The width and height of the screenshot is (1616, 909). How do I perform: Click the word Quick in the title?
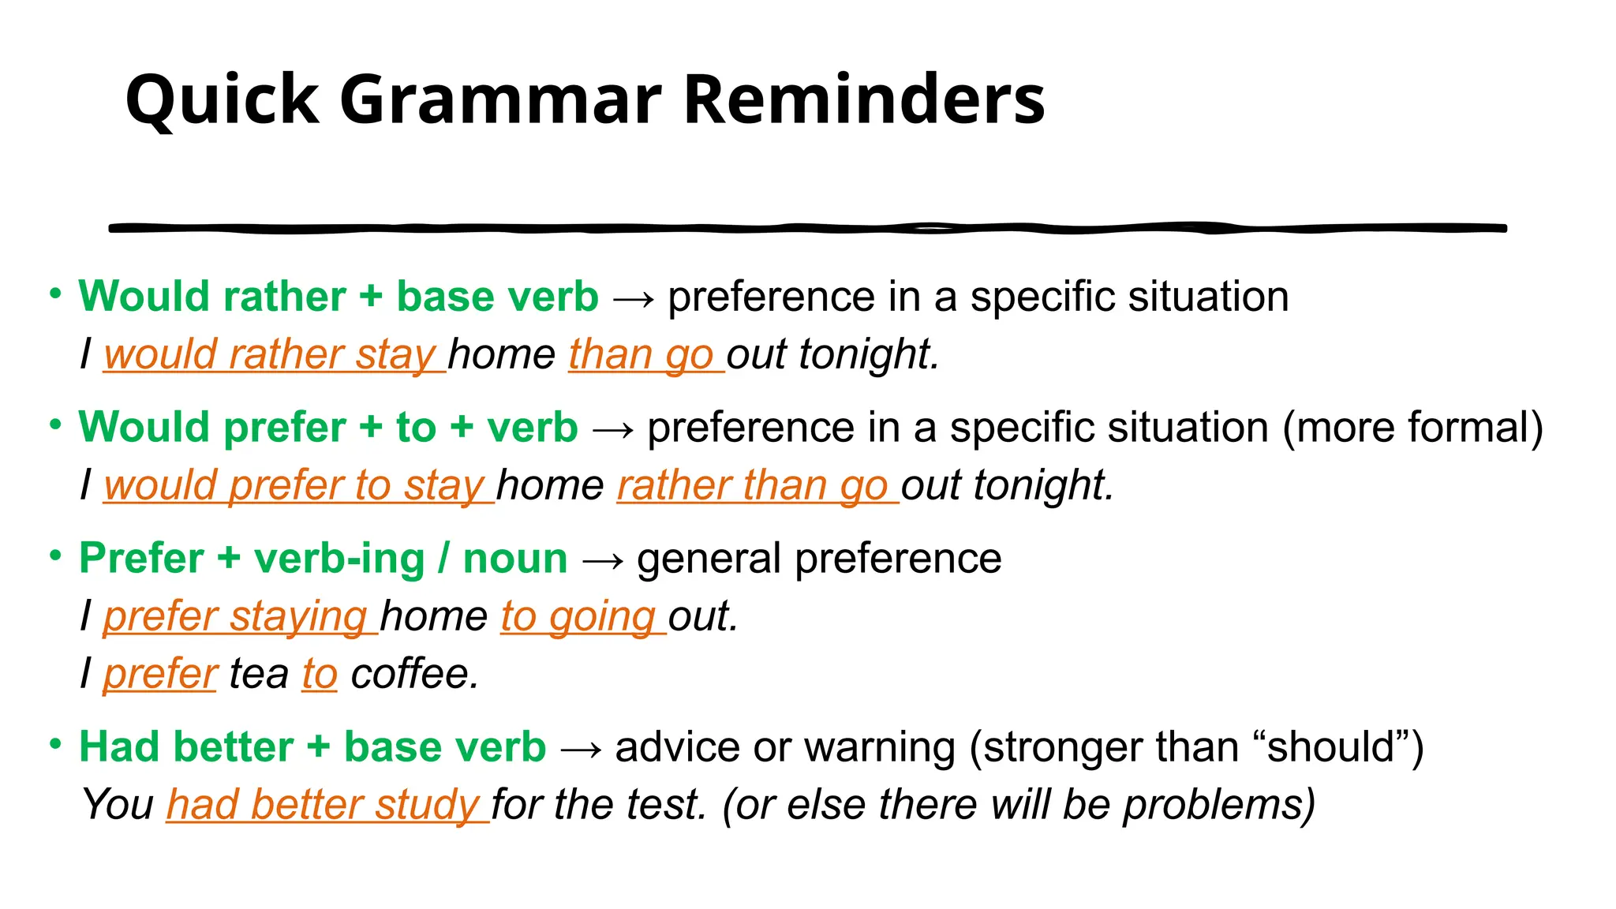(x=222, y=100)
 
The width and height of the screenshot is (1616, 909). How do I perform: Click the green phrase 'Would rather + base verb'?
(x=339, y=297)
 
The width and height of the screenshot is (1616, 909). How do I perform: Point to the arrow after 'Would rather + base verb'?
(x=633, y=299)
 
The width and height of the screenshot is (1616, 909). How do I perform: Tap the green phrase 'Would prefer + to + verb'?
(x=328, y=428)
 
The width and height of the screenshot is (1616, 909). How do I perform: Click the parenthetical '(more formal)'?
(x=1412, y=428)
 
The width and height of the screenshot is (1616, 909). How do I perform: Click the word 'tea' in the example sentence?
(x=259, y=674)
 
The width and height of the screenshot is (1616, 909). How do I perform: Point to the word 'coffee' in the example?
(x=414, y=674)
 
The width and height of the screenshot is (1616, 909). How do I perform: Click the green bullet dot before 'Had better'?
(x=55, y=744)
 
